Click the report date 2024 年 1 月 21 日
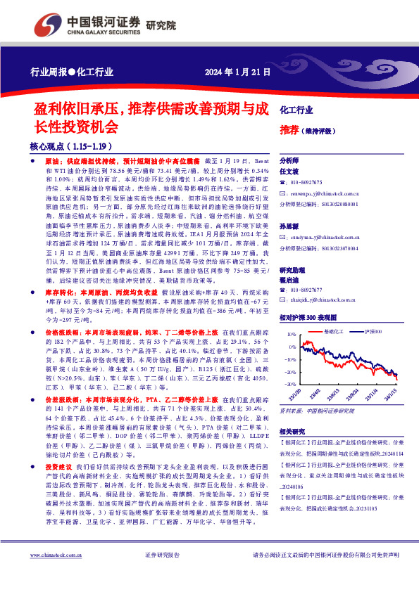[x=233, y=72]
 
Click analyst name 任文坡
[x=290, y=171]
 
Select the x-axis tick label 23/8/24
[x=351, y=393]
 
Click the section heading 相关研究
[x=292, y=431]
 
